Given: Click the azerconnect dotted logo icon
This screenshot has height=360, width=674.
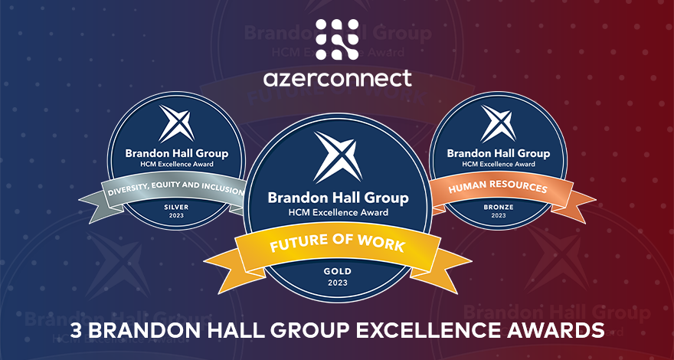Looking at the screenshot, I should pyautogui.click(x=337, y=39).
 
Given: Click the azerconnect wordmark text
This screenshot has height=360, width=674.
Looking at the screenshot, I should pyautogui.click(x=337, y=77).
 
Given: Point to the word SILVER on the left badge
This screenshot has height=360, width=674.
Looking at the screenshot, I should pyautogui.click(x=177, y=207).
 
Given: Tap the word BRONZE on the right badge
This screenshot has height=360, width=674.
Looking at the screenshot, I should pyautogui.click(x=498, y=207).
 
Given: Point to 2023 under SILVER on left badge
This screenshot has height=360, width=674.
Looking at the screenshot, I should pyautogui.click(x=177, y=216).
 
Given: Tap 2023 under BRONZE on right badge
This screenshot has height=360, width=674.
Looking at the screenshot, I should pyautogui.click(x=498, y=216).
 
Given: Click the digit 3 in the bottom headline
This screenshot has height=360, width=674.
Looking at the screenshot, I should pyautogui.click(x=76, y=330).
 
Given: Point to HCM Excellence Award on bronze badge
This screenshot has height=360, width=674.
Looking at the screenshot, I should pyautogui.click(x=498, y=164).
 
